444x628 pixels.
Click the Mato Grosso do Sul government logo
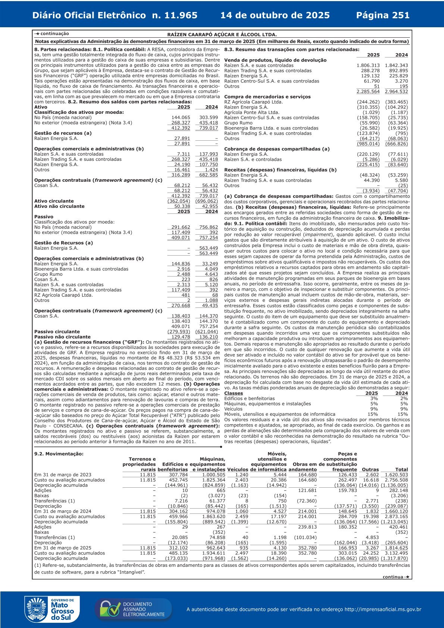pyautogui.click(x=50, y=609)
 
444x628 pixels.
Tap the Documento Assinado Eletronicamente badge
pyautogui.click(x=133, y=609)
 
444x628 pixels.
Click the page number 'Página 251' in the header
pyautogui.click(x=383, y=15)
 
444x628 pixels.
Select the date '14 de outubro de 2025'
pyautogui.click(x=275, y=15)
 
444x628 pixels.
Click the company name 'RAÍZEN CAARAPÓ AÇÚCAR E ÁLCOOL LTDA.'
pyautogui.click(x=222, y=34)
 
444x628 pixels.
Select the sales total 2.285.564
pyautogui.click(x=368, y=91)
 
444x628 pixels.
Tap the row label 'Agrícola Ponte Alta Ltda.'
pyautogui.click(x=251, y=112)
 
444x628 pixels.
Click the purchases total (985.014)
pyautogui.click(x=368, y=144)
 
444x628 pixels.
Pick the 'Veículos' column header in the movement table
pyautogui.click(x=238, y=469)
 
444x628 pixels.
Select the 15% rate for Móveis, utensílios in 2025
pyautogui.click(x=372, y=414)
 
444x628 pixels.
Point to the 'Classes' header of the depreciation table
pyautogui.click(x=234, y=393)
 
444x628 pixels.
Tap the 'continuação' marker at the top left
pyautogui.click(x=52, y=34)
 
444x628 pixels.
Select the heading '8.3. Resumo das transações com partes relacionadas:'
pyautogui.click(x=292, y=49)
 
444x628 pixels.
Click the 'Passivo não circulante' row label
pyautogui.click(x=62, y=337)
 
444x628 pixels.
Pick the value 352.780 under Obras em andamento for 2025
pyautogui.click(x=307, y=548)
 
